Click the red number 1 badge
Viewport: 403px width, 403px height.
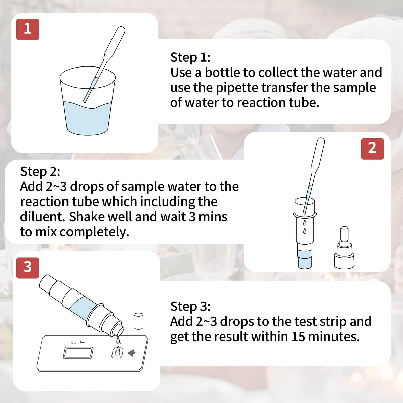pyautogui.click(x=28, y=29)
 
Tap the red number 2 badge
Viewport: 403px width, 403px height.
pyautogui.click(x=372, y=148)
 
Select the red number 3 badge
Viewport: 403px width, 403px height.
pyautogui.click(x=28, y=268)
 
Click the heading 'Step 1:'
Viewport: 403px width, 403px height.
pyautogui.click(x=190, y=57)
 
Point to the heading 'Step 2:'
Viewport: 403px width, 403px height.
pyautogui.click(x=40, y=172)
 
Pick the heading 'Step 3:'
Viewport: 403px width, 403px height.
pyautogui.click(x=190, y=307)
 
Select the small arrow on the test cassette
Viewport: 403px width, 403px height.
pyautogui.click(x=132, y=353)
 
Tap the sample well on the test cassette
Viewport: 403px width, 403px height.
pyautogui.click(x=117, y=353)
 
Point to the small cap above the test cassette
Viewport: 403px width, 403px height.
pyautogui.click(x=138, y=321)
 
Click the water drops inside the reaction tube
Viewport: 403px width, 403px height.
pyautogui.click(x=305, y=227)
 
